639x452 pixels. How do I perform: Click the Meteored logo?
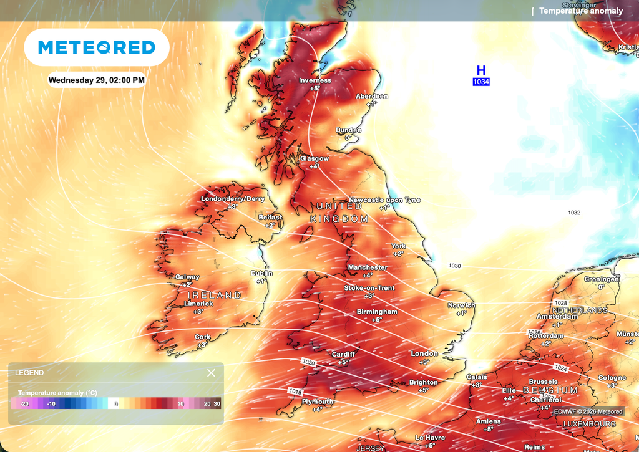click(97, 47)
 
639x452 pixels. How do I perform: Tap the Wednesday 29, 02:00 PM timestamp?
click(97, 80)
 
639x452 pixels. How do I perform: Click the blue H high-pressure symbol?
click(481, 71)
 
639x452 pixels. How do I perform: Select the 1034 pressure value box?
click(481, 82)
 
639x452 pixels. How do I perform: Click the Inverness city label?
click(315, 80)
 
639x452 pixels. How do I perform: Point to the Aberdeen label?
click(372, 96)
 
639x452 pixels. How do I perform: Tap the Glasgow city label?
click(314, 158)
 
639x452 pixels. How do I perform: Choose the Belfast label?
click(270, 218)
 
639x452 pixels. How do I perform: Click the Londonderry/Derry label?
click(233, 199)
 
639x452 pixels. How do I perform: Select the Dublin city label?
click(262, 273)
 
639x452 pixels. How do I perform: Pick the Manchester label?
click(368, 267)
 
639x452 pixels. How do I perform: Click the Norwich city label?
click(461, 305)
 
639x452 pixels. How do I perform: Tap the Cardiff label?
click(343, 354)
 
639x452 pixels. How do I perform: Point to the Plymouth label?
click(318, 402)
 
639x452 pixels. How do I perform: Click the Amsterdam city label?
click(557, 317)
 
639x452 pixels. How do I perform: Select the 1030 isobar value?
click(455, 266)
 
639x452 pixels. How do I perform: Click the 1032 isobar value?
click(574, 213)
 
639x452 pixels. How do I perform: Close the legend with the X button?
click(211, 373)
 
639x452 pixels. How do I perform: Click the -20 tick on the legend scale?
click(24, 404)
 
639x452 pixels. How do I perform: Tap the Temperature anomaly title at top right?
click(581, 11)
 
